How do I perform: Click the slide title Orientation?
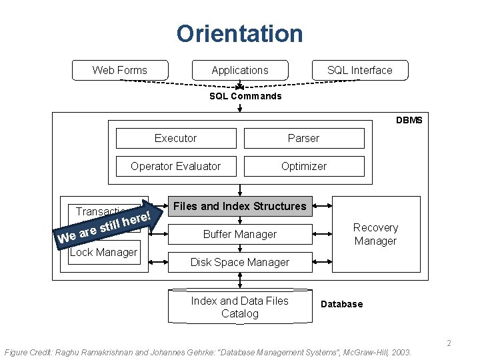239,33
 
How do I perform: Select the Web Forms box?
120,70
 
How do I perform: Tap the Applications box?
240,70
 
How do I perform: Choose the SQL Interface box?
360,70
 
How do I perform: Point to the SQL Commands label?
245,96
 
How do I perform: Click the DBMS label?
409,120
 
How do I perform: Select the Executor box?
176,138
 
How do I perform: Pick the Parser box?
303,138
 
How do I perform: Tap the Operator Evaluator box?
176,166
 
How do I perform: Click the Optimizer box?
303,166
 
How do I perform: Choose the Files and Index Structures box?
240,207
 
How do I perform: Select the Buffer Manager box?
240,234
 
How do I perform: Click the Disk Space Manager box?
240,262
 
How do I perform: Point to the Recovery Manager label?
375,234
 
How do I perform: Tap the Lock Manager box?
103,252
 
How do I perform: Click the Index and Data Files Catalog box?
240,307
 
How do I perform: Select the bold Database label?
342,304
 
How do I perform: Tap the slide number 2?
449,343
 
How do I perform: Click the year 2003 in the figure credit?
401,351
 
